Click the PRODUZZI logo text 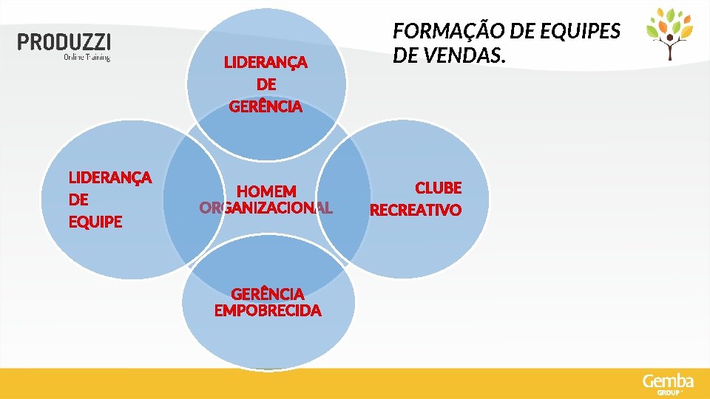point(64,42)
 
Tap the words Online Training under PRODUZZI point(87,57)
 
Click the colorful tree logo point(670,34)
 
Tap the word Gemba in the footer point(668,381)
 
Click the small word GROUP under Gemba point(667,392)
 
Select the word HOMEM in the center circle point(266,192)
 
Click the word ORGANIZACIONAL point(266,208)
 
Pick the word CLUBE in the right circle point(438,188)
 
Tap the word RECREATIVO point(416,211)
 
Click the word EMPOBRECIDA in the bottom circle point(268,310)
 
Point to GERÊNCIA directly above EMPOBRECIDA point(268,294)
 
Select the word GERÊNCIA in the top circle point(266,107)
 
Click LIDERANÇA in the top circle point(266,63)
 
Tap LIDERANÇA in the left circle point(110,177)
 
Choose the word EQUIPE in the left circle point(95,222)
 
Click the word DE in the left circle point(78,199)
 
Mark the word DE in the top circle point(266,85)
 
